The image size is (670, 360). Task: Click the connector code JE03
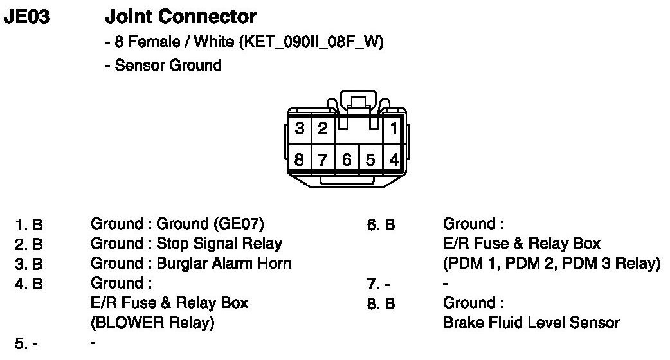point(26,17)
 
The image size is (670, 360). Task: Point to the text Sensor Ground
point(168,65)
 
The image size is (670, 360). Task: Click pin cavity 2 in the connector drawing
point(322,129)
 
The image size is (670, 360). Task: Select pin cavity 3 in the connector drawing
point(300,129)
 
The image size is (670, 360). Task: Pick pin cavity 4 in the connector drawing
point(394,159)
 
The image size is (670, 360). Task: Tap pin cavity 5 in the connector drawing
point(370,159)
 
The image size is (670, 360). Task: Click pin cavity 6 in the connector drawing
point(347,159)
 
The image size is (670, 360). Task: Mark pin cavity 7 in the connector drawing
point(323,159)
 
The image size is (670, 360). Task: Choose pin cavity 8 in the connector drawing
point(300,159)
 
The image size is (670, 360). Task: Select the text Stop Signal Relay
point(219,244)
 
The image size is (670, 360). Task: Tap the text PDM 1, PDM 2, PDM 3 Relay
point(551,264)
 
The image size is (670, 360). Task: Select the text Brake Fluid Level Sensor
point(531,322)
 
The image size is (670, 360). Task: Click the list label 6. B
point(381,225)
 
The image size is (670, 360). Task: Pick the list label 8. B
point(381,303)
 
